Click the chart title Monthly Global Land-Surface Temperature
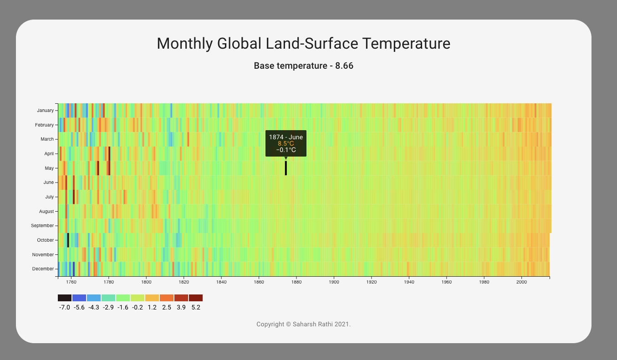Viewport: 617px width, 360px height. (303, 44)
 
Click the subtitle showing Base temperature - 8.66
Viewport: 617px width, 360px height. (303, 66)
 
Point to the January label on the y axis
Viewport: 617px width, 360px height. (45, 110)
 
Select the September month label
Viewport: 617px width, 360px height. (42, 226)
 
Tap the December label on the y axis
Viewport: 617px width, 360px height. (43, 269)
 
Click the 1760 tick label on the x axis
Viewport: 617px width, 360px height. (71, 282)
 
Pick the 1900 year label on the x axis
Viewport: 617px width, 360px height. (334, 282)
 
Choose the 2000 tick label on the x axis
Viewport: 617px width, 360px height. (522, 282)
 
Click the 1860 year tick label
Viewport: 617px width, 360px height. (259, 282)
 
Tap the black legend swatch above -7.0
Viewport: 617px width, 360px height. (65, 298)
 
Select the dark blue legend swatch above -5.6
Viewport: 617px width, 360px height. (79, 298)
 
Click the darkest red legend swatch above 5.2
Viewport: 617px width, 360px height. (196, 298)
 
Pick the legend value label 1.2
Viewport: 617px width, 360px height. (152, 308)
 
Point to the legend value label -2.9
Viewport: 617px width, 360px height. (108, 308)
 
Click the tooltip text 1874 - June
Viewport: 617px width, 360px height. (286, 137)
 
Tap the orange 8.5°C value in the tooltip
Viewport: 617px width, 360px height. (286, 143)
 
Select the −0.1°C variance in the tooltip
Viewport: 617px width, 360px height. (286, 150)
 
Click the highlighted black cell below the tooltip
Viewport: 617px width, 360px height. (286, 168)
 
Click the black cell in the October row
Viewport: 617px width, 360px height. (68, 240)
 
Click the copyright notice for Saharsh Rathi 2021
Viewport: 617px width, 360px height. (303, 325)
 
